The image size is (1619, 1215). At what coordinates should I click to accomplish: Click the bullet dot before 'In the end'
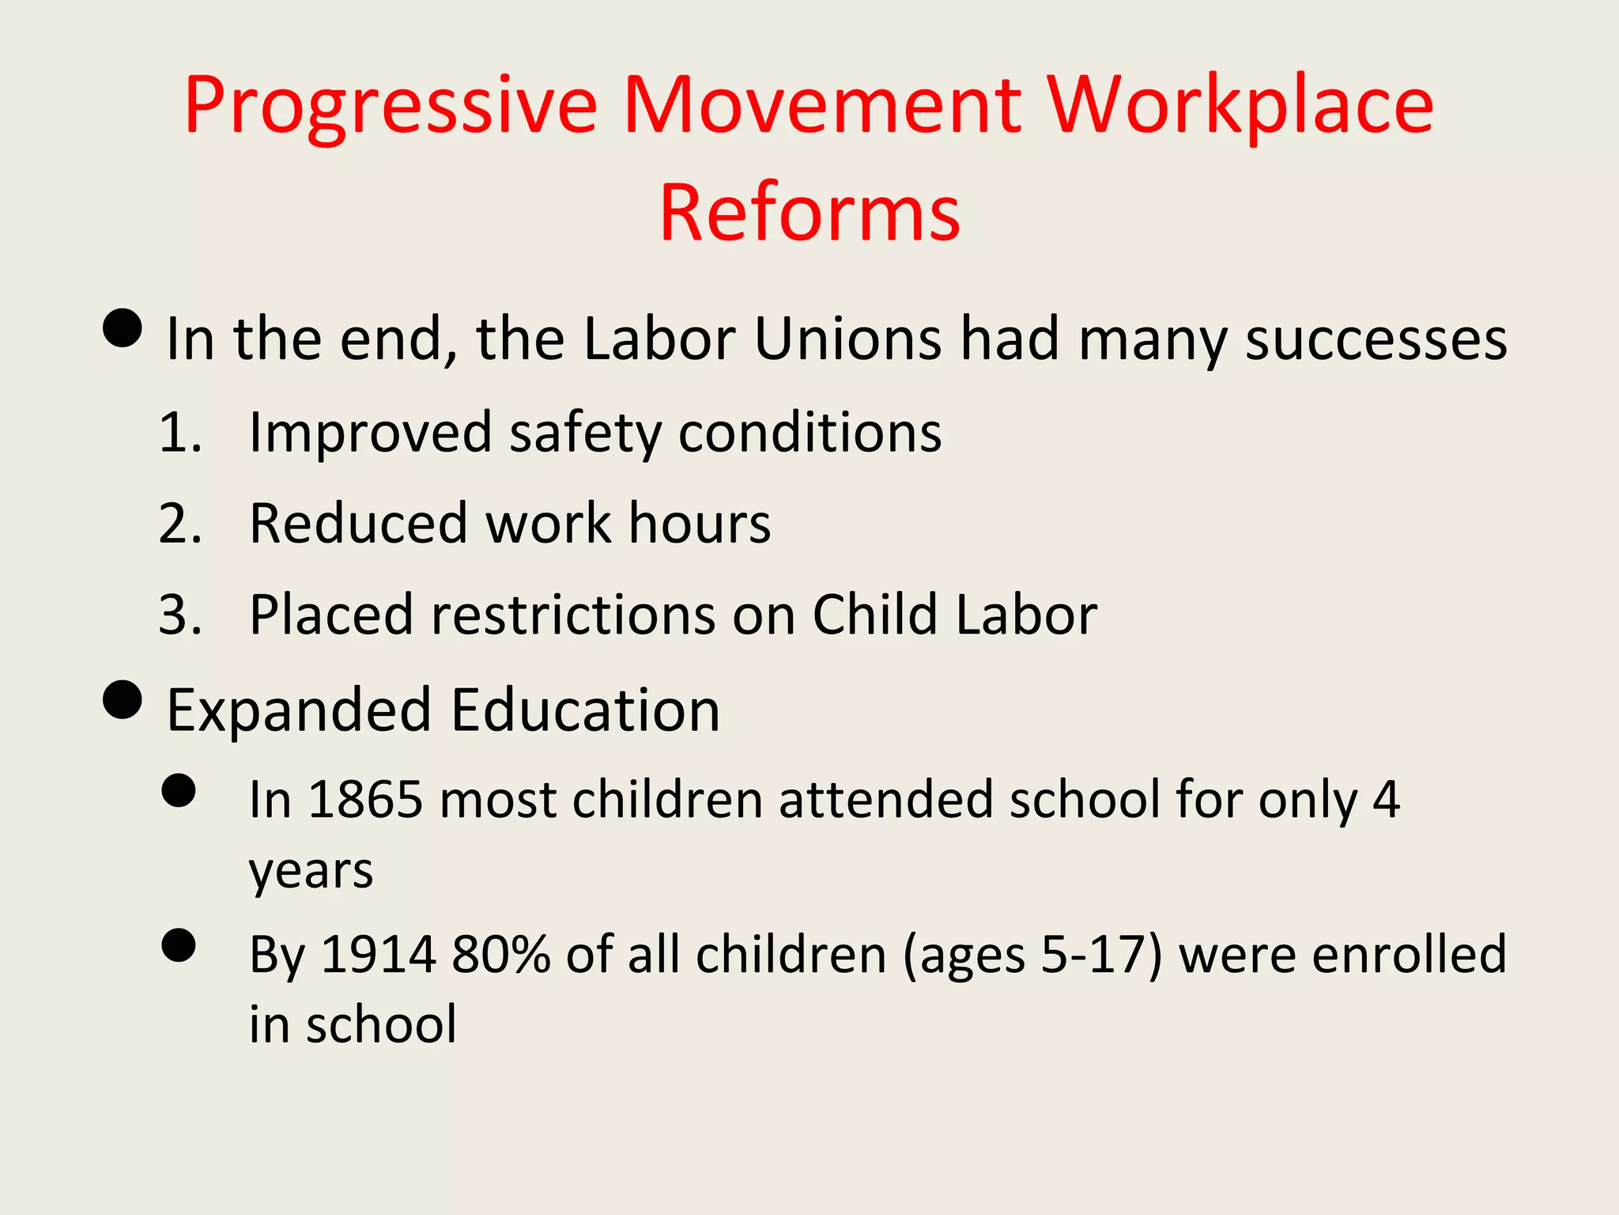point(123,327)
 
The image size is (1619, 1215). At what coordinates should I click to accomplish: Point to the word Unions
point(847,339)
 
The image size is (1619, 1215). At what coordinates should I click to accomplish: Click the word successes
point(1376,339)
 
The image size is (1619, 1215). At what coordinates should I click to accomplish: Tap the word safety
point(585,433)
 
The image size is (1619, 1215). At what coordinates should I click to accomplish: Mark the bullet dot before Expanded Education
point(123,699)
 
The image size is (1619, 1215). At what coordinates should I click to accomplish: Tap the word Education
point(585,710)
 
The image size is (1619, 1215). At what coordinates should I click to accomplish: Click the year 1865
point(365,799)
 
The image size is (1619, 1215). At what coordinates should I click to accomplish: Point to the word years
point(311,870)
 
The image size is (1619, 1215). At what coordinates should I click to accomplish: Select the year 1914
point(378,954)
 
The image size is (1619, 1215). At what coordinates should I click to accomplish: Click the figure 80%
point(501,954)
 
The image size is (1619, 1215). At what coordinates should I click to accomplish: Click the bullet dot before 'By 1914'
point(179,944)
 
